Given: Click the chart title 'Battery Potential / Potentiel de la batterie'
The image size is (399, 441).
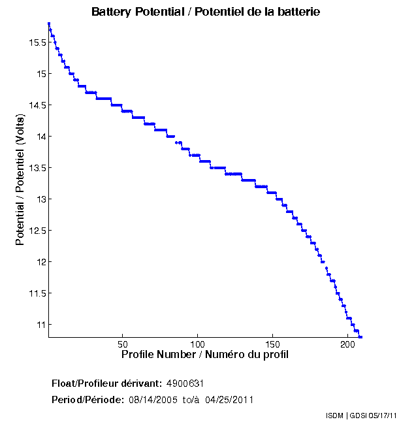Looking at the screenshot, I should pos(206,12).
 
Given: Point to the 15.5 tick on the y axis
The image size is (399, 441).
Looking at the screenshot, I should pos(36,42).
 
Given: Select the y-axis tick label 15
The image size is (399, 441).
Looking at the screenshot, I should pos(40,74).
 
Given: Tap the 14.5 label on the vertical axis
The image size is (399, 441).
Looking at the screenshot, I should pos(36,105).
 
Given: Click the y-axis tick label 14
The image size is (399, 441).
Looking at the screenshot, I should pos(40,137).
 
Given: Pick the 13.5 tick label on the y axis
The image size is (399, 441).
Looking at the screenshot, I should pos(36,168).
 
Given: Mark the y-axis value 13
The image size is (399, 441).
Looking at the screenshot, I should pos(40,199).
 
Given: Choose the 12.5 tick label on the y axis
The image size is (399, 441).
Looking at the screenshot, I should pos(36,231).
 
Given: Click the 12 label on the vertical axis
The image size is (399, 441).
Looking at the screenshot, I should pos(40,262).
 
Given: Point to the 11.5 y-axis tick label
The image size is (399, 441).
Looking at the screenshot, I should pos(36,293).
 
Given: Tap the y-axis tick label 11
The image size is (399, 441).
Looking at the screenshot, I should pos(40,325).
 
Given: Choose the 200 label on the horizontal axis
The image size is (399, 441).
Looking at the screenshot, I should pos(348,344).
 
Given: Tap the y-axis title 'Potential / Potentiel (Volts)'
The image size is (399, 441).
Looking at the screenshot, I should pos(20,180).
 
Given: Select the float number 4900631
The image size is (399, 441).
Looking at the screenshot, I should pos(190,383).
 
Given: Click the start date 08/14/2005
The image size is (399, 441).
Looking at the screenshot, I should pos(153,400).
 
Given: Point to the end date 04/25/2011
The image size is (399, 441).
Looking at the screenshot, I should pos(229,400).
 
